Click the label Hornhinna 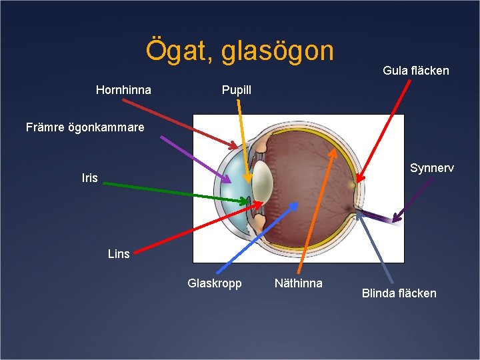click(123, 90)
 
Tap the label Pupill click(237, 90)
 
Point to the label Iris click(89, 178)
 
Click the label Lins click(119, 254)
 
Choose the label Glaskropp click(215, 283)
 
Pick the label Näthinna click(299, 283)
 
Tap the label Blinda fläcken click(399, 293)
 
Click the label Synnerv click(432, 168)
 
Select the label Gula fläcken click(416, 71)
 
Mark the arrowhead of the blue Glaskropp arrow click(297, 204)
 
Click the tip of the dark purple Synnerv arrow click(393, 221)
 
